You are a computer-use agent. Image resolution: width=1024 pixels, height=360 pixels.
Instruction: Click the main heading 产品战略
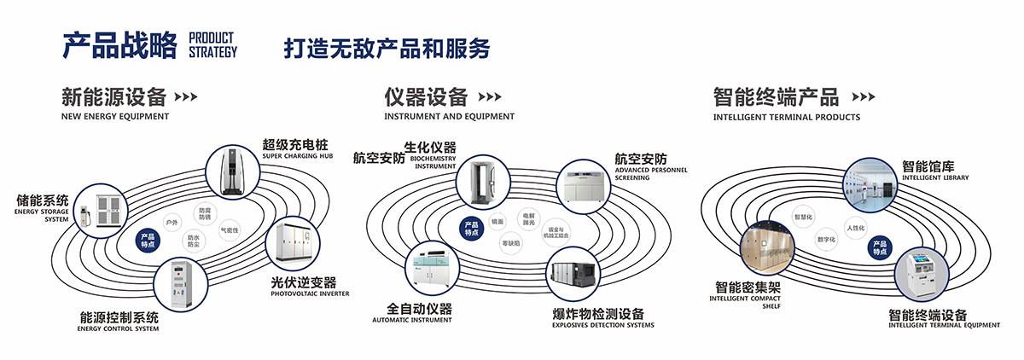(x=119, y=44)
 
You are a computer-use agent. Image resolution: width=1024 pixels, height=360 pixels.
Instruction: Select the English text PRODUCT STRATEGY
(x=212, y=45)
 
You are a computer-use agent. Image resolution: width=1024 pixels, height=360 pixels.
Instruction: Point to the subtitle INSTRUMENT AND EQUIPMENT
(x=449, y=116)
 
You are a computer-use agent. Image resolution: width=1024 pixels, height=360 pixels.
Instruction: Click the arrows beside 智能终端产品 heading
(x=864, y=96)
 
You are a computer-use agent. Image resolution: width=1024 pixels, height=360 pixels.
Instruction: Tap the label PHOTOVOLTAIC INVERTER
(x=310, y=294)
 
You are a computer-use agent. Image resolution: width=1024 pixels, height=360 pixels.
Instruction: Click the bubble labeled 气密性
(x=230, y=230)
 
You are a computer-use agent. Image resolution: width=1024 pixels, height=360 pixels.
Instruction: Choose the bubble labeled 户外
(x=172, y=222)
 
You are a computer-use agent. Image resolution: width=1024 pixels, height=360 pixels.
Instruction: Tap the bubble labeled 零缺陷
(x=511, y=243)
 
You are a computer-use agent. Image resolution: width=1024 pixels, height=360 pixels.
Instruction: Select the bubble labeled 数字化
(x=826, y=240)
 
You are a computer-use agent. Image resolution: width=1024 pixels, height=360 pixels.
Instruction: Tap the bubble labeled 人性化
(x=856, y=228)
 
